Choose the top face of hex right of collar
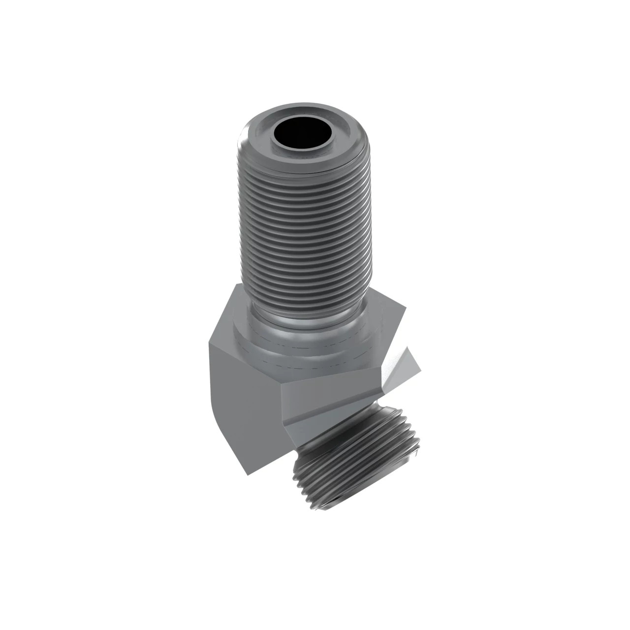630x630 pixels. pos(389,320)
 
